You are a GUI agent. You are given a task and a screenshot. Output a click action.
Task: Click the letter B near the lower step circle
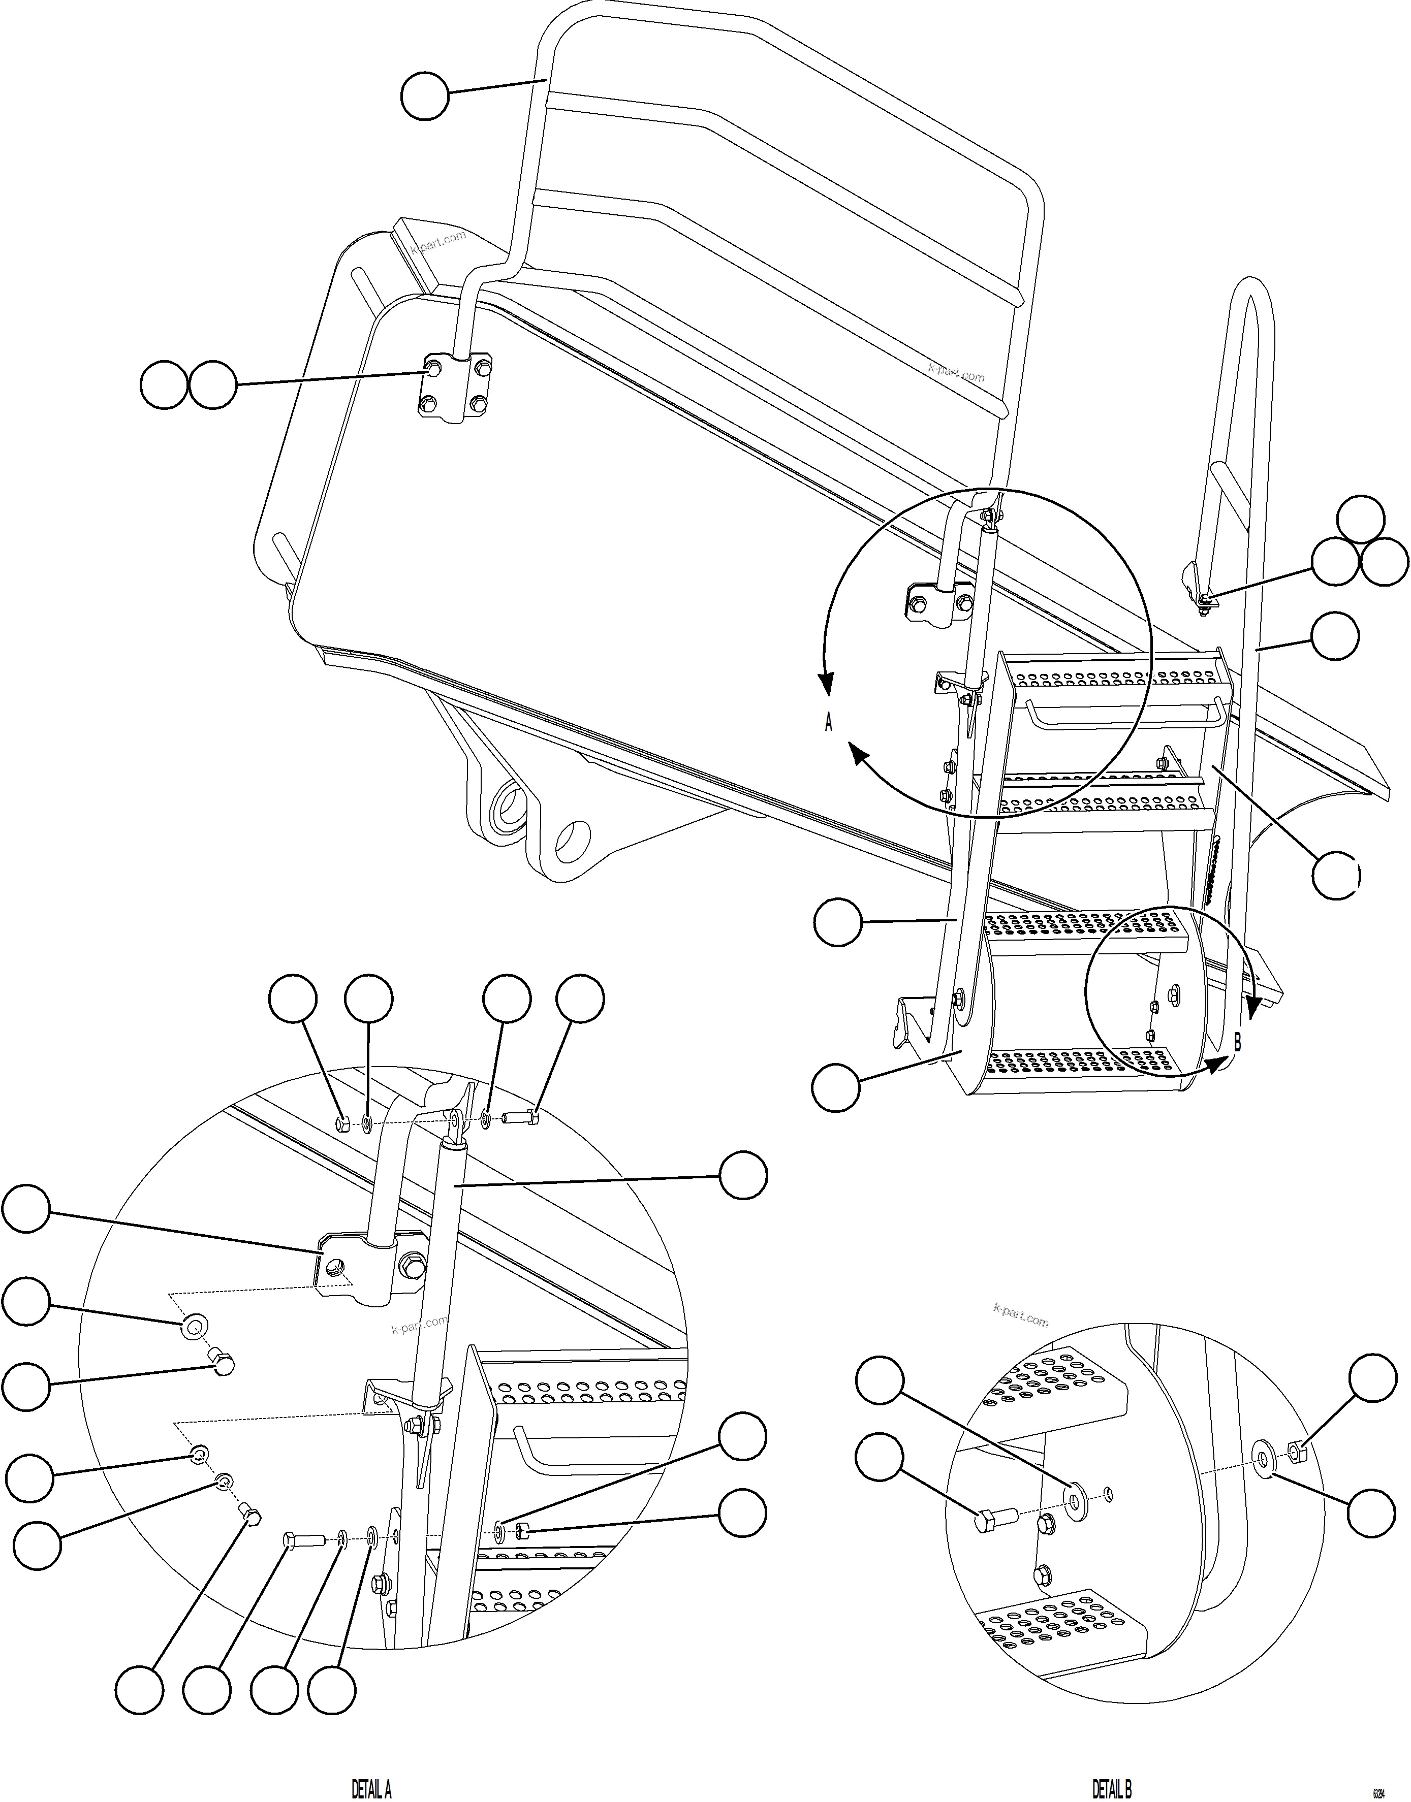(x=1238, y=1043)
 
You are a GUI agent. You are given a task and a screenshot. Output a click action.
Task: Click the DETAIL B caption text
(x=1112, y=1789)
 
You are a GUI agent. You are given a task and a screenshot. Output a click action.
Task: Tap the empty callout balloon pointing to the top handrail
(x=425, y=96)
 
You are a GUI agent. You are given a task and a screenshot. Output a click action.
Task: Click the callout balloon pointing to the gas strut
(x=743, y=1175)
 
